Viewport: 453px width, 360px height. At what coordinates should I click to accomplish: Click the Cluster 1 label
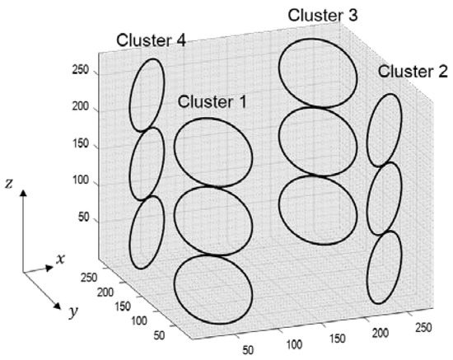click(212, 101)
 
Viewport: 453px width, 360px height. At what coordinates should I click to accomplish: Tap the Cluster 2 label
click(413, 72)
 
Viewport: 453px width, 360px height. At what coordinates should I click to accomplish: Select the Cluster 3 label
click(322, 16)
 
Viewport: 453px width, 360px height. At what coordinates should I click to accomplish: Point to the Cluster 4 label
click(150, 40)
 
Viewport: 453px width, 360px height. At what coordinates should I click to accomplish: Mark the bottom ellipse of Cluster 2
click(384, 268)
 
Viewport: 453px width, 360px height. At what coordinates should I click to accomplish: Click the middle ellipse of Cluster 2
click(384, 199)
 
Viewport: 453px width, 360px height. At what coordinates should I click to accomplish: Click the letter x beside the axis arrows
click(60, 259)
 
